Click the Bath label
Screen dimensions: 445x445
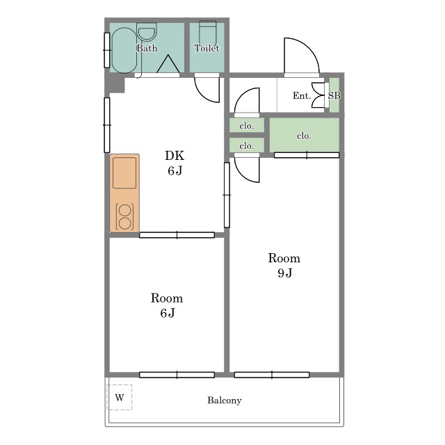tap(147, 48)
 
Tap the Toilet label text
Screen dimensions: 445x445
tap(207, 48)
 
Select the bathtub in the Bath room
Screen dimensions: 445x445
tap(124, 50)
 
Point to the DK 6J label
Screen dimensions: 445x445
tap(175, 163)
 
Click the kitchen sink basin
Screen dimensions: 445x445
tap(124, 173)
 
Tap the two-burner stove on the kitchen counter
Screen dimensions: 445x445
tap(125, 217)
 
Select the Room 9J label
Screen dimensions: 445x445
tap(284, 265)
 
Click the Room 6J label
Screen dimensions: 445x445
tap(167, 305)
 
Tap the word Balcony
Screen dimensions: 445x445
tap(225, 400)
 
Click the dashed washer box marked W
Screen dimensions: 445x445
tap(120, 397)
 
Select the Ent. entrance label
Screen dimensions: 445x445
tap(302, 96)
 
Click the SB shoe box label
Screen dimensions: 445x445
tap(334, 95)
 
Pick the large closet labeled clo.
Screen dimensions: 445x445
tap(305, 136)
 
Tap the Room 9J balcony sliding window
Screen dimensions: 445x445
tap(272, 375)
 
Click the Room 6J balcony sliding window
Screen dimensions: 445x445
tap(177, 375)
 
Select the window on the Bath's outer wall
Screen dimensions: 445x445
tap(107, 50)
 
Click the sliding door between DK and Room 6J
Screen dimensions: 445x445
tap(177, 235)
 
